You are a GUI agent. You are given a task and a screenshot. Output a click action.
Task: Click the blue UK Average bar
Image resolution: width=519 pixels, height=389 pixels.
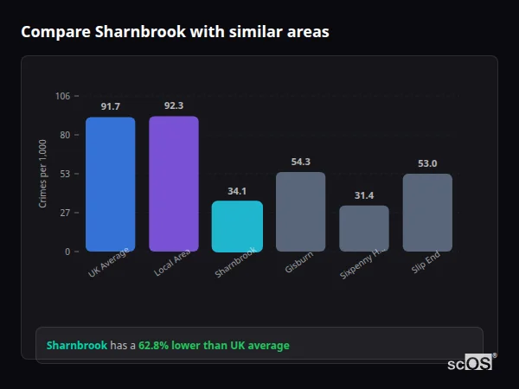point(110,184)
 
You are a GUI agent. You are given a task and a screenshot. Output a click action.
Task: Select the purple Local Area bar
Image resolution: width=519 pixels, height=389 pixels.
point(173,183)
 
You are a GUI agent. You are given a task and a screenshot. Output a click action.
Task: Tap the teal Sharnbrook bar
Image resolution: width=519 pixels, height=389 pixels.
point(237,226)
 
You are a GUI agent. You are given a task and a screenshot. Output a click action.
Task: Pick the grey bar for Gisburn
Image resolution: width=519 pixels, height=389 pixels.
point(300,212)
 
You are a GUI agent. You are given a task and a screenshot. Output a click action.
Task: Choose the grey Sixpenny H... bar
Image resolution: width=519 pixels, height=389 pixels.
point(363,228)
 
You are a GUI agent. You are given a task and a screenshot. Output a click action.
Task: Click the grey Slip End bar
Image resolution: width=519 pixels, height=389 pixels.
point(427,213)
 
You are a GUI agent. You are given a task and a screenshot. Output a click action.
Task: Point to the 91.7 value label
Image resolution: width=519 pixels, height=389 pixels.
point(110,106)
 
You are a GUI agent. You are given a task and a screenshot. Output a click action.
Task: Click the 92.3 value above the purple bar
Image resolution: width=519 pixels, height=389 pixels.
point(173,105)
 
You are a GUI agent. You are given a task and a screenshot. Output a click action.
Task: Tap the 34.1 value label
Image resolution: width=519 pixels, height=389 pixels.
point(237,191)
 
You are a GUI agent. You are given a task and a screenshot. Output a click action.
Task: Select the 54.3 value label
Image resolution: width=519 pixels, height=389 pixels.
point(300,162)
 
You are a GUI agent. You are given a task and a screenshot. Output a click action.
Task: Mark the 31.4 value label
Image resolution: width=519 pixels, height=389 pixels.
point(363,195)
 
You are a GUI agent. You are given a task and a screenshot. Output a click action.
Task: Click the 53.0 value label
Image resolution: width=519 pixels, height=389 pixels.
point(427,163)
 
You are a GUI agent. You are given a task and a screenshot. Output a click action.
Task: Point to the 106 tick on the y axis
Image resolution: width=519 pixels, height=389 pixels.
point(62,96)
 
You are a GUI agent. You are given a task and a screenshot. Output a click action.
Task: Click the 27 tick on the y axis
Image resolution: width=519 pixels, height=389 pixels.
point(65,213)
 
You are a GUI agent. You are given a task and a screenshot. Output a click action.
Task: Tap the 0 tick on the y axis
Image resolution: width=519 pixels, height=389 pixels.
point(67,252)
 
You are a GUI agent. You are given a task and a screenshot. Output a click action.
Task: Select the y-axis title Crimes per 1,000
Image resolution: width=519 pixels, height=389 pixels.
point(43,174)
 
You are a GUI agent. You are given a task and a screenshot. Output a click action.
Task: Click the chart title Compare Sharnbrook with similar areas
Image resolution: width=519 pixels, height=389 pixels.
point(175,32)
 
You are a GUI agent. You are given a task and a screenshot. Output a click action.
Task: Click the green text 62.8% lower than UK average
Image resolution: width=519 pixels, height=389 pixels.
point(214,346)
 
